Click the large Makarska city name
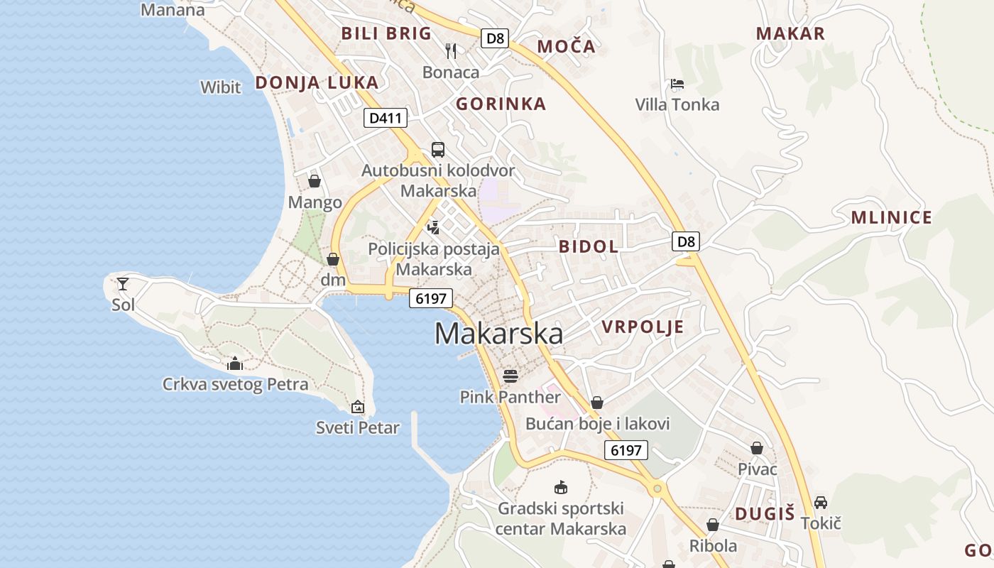(x=498, y=334)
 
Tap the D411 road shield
(x=386, y=118)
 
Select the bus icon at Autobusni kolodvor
(x=438, y=150)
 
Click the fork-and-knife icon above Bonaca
(x=451, y=50)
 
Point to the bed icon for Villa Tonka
(x=677, y=84)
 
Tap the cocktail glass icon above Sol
(x=123, y=284)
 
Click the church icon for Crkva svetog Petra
(x=235, y=364)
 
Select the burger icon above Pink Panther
(x=510, y=376)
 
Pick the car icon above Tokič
(x=821, y=503)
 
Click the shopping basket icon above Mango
(x=315, y=181)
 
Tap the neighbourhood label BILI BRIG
(x=386, y=33)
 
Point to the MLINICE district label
(x=891, y=218)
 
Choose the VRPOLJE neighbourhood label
(x=643, y=327)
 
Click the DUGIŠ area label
(x=764, y=514)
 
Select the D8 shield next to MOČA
(x=495, y=38)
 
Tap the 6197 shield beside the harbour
(x=431, y=299)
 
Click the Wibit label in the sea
(x=221, y=87)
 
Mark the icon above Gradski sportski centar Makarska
(x=561, y=488)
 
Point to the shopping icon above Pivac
(x=757, y=449)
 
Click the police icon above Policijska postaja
(x=434, y=228)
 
